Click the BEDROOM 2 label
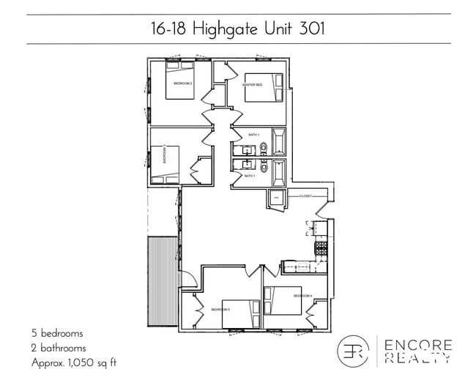pos(182,84)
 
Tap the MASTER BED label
pos(253,84)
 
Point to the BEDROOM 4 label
pos(302,296)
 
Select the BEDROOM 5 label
pos(220,310)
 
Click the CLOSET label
pos(306,196)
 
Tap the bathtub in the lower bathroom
pos(279,173)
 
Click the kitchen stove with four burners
pos(320,248)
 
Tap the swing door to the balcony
pos(187,278)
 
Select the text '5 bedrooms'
pos(57,333)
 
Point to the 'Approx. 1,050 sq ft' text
pos(74,362)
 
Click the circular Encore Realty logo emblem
pos(353,351)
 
